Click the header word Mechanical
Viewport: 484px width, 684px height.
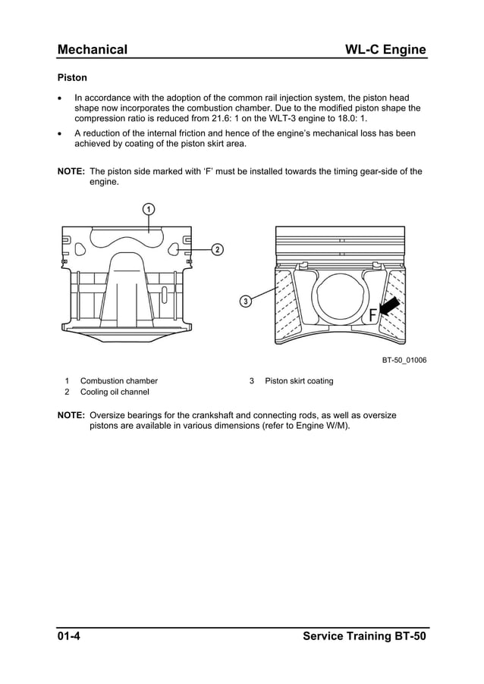[x=93, y=50]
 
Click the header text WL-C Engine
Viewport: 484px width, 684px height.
[x=385, y=50]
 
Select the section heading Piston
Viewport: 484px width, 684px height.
[x=73, y=77]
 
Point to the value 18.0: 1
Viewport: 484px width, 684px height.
[x=350, y=119]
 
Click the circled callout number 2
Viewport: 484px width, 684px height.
[x=217, y=249]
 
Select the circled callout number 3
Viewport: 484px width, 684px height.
[x=246, y=302]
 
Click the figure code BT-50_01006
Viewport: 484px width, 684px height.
[x=404, y=360]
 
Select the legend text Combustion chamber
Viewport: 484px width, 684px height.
[x=119, y=381]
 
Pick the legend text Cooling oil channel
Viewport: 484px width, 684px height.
[x=115, y=392]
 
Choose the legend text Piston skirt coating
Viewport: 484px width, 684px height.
[x=299, y=381]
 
